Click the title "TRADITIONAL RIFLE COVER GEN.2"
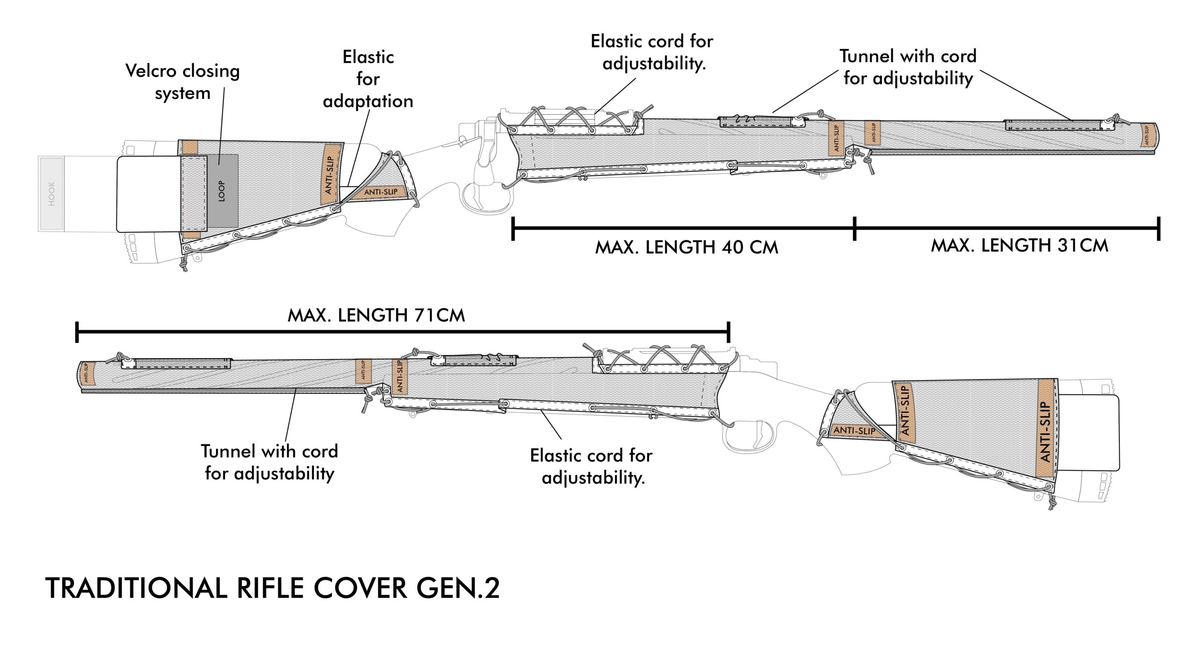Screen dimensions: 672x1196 [x=272, y=588]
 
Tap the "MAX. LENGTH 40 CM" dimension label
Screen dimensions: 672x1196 [x=686, y=248]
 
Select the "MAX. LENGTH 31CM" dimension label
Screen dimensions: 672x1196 [x=1019, y=246]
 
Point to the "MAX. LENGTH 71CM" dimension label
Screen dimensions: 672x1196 [x=376, y=316]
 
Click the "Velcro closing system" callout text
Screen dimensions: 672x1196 [x=183, y=82]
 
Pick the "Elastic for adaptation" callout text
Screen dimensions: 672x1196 [x=368, y=79]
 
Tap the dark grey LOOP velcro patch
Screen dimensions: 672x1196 [x=222, y=191]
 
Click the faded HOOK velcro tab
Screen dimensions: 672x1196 [x=51, y=194]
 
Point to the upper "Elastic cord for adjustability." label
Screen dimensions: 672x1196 [x=652, y=52]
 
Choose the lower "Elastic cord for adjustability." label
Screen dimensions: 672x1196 [x=591, y=467]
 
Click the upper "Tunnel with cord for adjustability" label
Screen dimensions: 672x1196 [x=908, y=67]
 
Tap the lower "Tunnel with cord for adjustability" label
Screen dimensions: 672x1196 [x=270, y=462]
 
